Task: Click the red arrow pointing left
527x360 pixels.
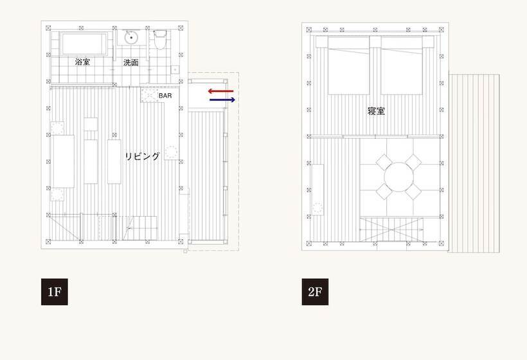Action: coord(220,91)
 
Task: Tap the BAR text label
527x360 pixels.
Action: coord(165,95)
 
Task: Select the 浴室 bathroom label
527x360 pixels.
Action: coord(82,62)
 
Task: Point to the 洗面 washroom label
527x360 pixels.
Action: coord(131,62)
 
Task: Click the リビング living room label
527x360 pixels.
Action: coord(143,156)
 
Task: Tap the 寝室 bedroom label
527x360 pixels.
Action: coord(377,111)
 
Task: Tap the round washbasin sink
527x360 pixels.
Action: coord(133,37)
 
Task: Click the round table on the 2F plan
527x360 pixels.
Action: coord(398,175)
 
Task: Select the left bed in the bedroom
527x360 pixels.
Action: coord(349,64)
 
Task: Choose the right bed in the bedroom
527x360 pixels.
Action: coord(402,64)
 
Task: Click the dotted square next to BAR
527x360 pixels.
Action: coord(150,95)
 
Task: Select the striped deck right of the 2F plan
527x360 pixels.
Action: coord(474,161)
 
